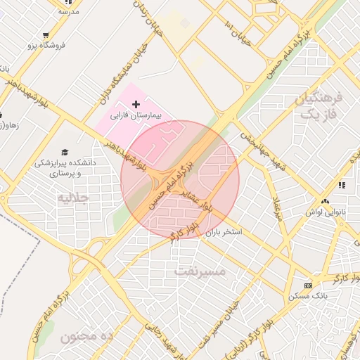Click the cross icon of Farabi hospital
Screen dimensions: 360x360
tap(136, 104)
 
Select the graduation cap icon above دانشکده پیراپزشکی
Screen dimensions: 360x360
tap(65, 152)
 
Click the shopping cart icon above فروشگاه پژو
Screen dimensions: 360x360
tap(46, 34)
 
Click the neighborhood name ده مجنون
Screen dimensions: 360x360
tap(86, 337)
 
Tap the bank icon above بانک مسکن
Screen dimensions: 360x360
tap(308, 285)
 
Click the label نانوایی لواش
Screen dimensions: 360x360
tap(322, 211)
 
